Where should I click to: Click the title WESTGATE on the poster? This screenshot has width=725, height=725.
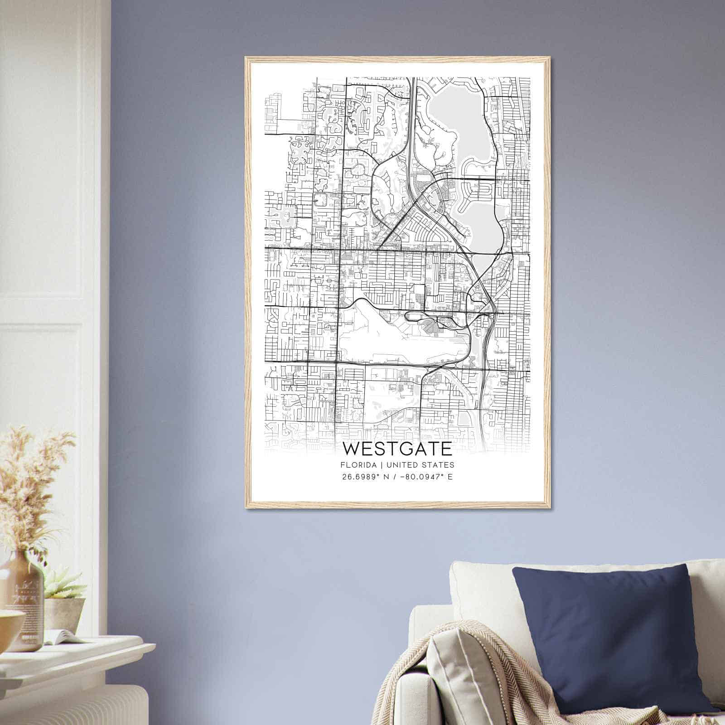point(397,449)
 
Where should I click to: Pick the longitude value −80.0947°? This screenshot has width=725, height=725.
point(420,477)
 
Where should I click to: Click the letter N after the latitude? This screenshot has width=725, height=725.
point(387,477)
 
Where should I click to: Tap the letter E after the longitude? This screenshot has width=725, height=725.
point(449,477)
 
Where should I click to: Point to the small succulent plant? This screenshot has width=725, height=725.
point(63,585)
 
